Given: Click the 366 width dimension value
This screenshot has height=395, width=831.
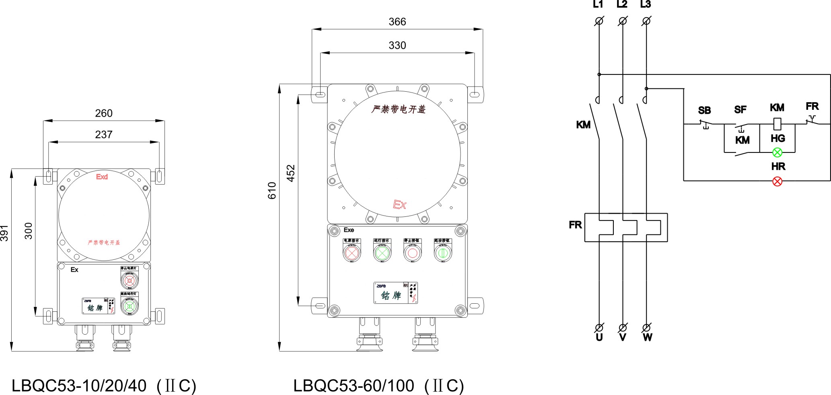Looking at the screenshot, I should pyautogui.click(x=397, y=22).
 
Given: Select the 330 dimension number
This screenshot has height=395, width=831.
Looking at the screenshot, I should pyautogui.click(x=397, y=45).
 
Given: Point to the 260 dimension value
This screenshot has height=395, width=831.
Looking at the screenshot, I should pyautogui.click(x=103, y=113).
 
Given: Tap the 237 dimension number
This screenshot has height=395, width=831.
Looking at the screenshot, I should pyautogui.click(x=103, y=135).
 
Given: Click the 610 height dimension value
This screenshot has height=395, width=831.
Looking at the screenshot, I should pyautogui.click(x=272, y=191).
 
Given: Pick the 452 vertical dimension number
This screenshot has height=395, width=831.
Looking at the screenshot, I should pyautogui.click(x=291, y=173).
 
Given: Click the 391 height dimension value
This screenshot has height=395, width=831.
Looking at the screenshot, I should pyautogui.click(x=4, y=233).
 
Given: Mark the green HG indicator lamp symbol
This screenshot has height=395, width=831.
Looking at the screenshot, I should pyautogui.click(x=777, y=152).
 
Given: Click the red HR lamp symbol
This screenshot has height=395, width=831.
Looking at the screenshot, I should pyautogui.click(x=777, y=181).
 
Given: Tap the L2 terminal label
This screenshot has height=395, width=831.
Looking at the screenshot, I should pyautogui.click(x=622, y=4).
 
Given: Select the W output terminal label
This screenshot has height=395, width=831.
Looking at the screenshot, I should pyautogui.click(x=647, y=337).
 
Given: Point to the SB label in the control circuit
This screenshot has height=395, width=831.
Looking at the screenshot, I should pyautogui.click(x=704, y=111).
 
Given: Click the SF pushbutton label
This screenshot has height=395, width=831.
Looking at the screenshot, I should pyautogui.click(x=740, y=110).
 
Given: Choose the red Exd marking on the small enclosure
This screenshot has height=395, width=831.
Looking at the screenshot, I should pyautogui.click(x=102, y=177).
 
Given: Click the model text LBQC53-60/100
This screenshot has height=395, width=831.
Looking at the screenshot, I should pyautogui.click(x=354, y=386).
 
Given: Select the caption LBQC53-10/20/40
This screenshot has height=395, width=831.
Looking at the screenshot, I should pyautogui.click(x=79, y=386).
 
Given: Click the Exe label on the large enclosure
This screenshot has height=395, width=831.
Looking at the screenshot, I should pyautogui.click(x=349, y=230).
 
